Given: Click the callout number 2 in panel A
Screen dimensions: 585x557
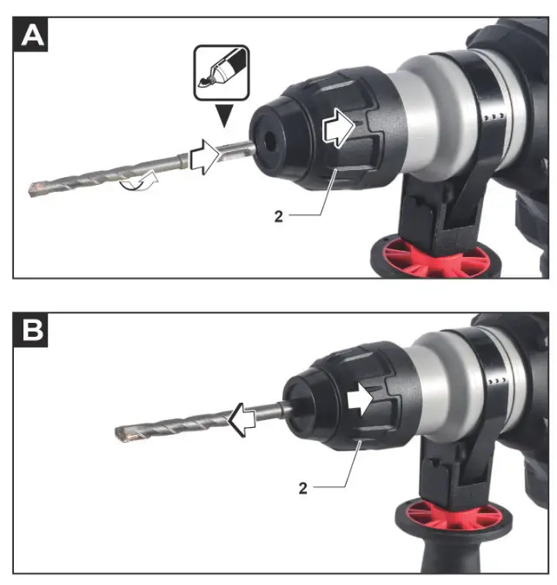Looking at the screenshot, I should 279,215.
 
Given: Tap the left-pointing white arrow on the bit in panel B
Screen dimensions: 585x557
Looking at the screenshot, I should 246,421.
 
